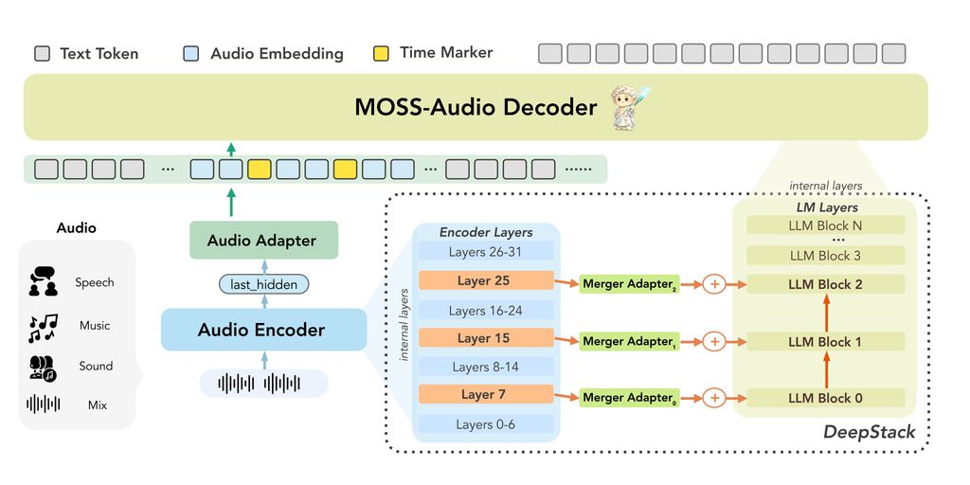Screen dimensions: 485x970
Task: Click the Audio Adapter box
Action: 262,241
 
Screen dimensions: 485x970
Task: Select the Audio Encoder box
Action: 262,330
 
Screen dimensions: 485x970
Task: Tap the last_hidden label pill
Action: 263,284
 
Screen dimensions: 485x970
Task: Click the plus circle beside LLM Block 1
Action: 714,341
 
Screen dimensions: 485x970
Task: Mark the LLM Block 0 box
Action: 825,398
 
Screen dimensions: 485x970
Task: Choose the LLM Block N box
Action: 825,225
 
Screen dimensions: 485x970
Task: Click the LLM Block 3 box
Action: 825,256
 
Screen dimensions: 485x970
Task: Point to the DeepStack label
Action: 869,432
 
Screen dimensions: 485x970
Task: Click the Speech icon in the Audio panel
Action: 43,282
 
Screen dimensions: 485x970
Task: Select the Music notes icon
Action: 43,326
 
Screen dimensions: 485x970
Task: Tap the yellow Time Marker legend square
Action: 382,53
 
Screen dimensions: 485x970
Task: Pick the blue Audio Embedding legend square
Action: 191,54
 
